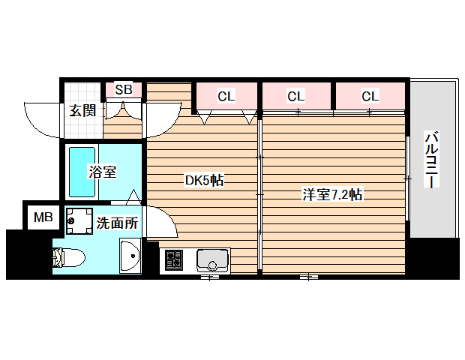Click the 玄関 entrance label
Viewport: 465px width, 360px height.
pos(82,111)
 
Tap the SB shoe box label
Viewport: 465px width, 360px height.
pos(124,90)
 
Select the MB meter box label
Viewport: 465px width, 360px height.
pos(43,218)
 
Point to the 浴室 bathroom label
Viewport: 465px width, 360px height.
pos(102,172)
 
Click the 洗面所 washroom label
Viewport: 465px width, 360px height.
pos(117,223)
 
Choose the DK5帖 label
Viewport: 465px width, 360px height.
pos(205,181)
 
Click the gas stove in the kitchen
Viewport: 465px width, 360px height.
pos(173,260)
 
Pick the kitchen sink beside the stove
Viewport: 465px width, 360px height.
pos(213,259)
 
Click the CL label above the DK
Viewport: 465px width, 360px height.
pos(226,96)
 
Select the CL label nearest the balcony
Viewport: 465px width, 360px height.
pos(370,96)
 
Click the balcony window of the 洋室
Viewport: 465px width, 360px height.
pos(408,178)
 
